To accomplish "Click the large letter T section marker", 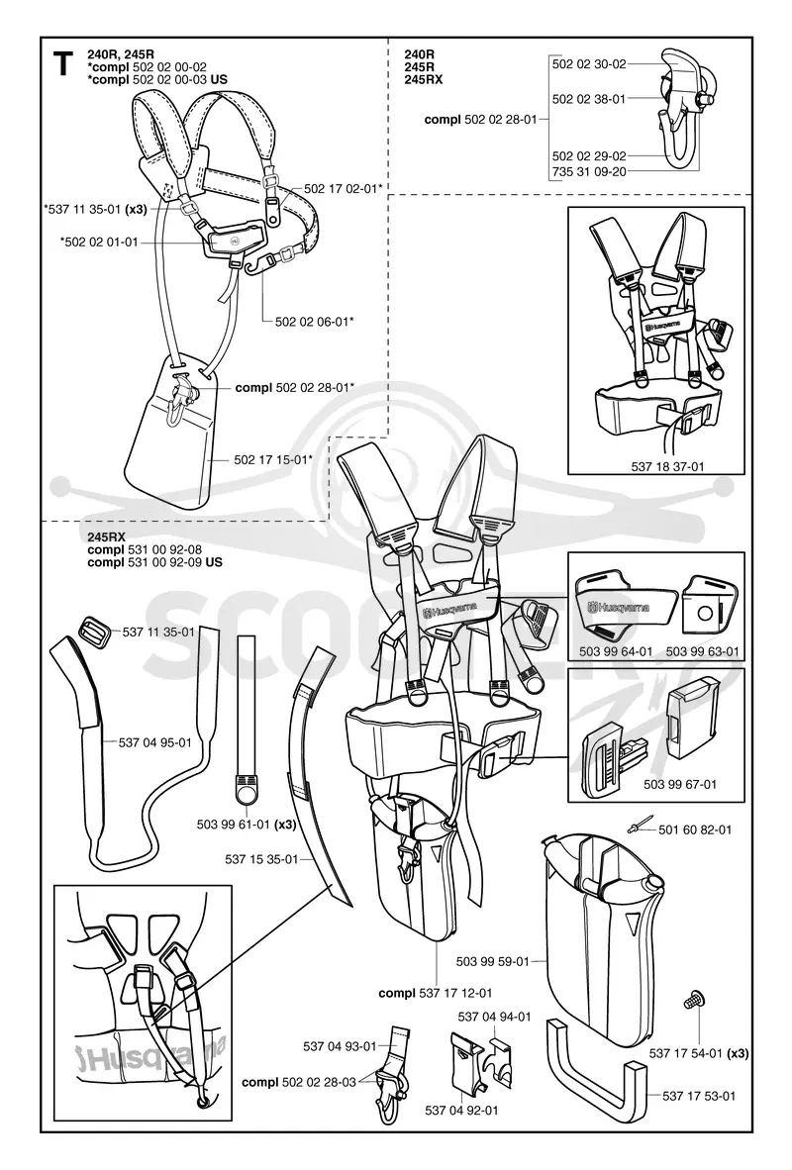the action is (65, 64).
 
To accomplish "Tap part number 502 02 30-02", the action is (589, 64).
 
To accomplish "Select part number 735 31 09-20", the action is (589, 171).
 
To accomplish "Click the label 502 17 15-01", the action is (270, 459).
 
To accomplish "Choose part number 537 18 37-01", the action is (667, 467).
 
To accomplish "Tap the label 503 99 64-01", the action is (616, 651).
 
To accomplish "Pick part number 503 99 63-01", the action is (703, 651).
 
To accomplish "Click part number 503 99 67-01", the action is (680, 784).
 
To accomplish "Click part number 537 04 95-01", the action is (154, 742).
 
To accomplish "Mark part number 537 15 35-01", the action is (261, 859).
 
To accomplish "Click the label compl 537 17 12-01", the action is (436, 993).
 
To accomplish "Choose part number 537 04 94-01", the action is (494, 1017).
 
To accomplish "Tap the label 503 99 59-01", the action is (492, 961).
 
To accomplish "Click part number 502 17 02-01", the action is (341, 189).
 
